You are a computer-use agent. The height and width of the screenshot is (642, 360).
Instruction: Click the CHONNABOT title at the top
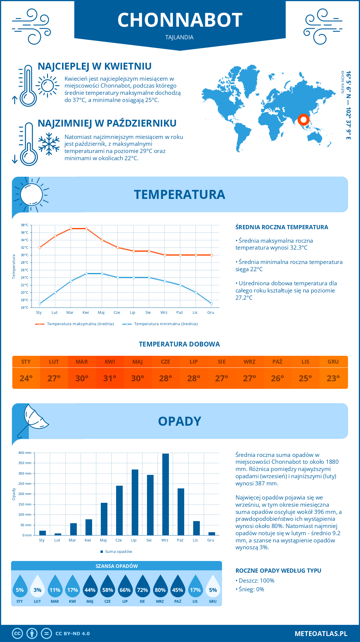coord(180,20)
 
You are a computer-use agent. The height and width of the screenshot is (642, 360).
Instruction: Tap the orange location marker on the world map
coord(303,120)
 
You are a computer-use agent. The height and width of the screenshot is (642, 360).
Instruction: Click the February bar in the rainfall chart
coord(58,534)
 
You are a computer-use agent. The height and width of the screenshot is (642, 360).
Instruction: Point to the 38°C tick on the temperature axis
coord(25,225)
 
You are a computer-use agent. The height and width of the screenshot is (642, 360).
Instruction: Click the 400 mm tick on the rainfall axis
coord(25,453)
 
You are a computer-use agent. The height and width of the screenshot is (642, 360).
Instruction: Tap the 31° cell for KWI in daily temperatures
coord(110,378)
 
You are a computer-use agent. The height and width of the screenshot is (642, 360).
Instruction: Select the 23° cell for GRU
coord(333,378)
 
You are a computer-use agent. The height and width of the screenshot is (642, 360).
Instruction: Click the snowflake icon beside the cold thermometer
coord(49,144)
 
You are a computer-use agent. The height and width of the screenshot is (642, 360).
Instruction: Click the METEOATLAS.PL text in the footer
coord(321,634)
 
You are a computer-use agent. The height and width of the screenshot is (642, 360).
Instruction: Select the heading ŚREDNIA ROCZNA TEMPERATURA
coord(282,227)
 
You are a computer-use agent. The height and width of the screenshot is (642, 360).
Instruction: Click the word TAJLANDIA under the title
coord(179,37)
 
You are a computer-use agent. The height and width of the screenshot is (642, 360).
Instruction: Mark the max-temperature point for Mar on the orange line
coord(71,229)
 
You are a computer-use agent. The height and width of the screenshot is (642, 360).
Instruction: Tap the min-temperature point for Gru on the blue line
coord(211,304)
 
